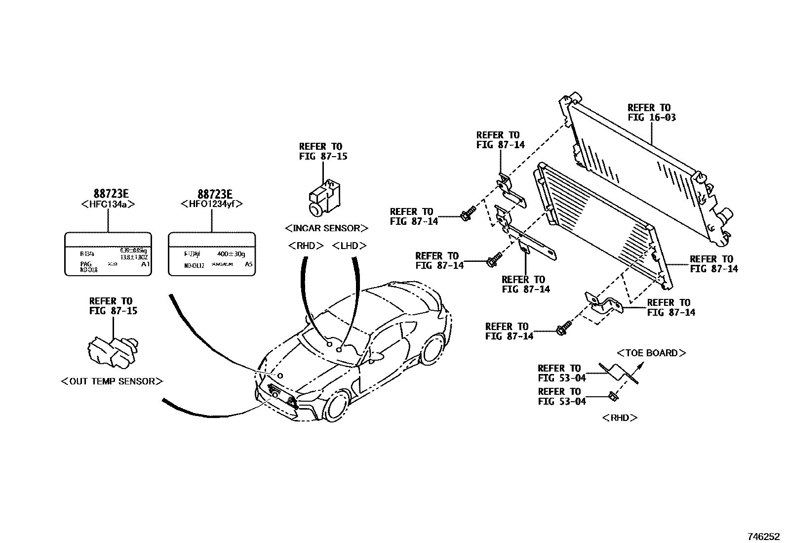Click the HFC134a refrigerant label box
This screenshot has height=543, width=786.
(108, 253)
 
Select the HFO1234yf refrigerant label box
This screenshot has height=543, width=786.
(212, 253)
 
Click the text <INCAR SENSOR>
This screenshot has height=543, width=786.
(326, 228)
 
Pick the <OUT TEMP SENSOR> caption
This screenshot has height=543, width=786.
(112, 381)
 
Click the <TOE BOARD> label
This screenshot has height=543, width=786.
(651, 353)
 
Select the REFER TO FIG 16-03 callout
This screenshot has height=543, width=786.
(651, 113)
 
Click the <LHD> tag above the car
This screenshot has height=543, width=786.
(350, 246)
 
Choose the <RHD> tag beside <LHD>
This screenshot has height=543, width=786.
(306, 246)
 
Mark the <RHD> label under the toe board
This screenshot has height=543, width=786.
(620, 418)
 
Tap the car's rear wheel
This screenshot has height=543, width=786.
(433, 350)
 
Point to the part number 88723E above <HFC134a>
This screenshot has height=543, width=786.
(108, 194)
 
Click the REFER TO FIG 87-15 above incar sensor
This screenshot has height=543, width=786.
(323, 151)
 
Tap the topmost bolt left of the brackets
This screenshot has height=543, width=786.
(468, 213)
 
